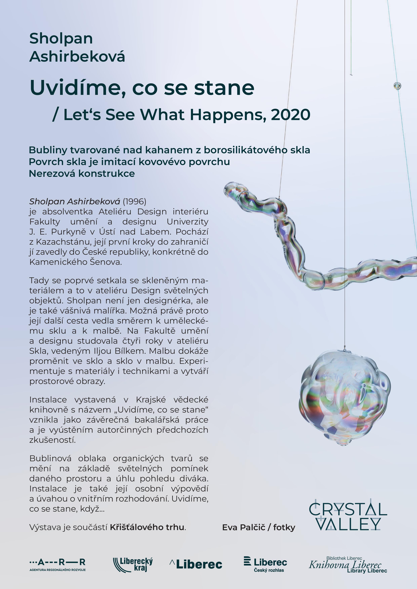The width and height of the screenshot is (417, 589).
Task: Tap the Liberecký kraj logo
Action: pos(133,564)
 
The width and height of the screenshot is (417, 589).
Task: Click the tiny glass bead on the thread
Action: pos(397,86)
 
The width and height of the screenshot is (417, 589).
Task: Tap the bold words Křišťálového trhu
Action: pos(147,527)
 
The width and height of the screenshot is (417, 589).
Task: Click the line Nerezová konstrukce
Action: pos(82,174)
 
